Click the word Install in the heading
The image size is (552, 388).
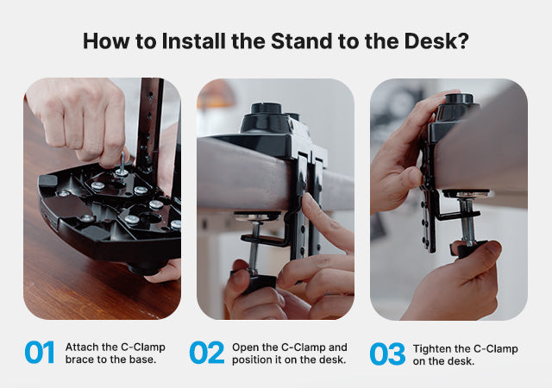pyautogui.click(x=193, y=41)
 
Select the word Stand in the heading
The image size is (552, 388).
pyautogui.click(x=302, y=41)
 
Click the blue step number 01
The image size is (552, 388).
pyautogui.click(x=40, y=352)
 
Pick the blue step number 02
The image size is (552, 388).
pyautogui.click(x=207, y=352)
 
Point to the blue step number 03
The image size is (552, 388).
pyautogui.click(x=387, y=354)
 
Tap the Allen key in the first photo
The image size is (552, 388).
pyautogui.click(x=122, y=164)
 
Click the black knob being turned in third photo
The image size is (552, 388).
pyautogui.click(x=468, y=249)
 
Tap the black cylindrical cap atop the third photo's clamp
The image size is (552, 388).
pyautogui.click(x=459, y=98)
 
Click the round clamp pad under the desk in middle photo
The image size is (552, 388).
pyautogui.click(x=257, y=216)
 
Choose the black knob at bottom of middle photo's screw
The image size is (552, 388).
pyautogui.click(x=254, y=283)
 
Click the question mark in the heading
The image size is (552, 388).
pyautogui.click(x=464, y=41)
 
